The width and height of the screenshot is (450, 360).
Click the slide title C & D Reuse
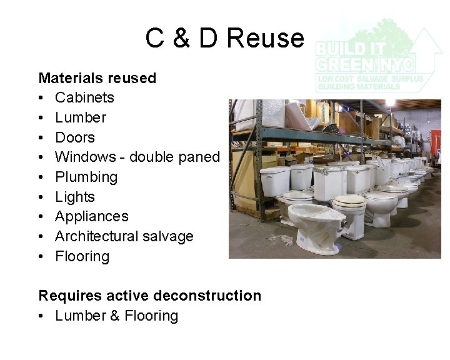[x=224, y=38]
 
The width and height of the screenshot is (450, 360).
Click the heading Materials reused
[x=97, y=78]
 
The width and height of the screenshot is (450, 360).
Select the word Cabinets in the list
[x=84, y=97]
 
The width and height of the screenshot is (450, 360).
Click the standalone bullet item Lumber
[x=81, y=117]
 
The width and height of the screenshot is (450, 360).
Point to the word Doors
[x=75, y=137]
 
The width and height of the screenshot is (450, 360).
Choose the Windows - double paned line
[x=137, y=157]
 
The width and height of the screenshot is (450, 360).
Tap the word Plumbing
[x=86, y=177]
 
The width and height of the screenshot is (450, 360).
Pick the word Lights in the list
[x=75, y=197]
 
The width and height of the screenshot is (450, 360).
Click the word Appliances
[x=92, y=216]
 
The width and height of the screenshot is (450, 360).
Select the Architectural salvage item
[x=124, y=236]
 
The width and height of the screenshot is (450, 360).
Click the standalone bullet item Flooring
[x=82, y=256]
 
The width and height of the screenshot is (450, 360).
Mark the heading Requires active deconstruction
[x=150, y=295]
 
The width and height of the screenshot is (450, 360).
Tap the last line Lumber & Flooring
[x=116, y=316]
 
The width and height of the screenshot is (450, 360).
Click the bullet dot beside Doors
[x=41, y=137]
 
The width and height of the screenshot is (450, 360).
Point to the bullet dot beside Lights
[x=41, y=197]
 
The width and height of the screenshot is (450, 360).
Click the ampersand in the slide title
[x=181, y=38]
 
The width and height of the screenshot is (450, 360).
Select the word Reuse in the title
[x=264, y=38]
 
